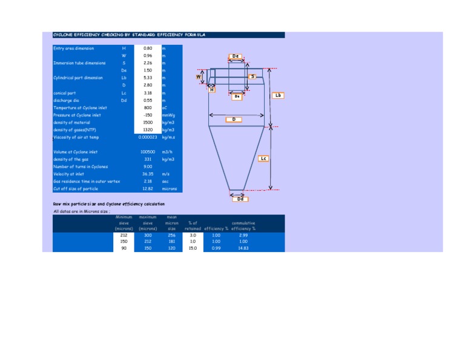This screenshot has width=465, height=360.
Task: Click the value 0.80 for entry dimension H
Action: tap(148, 48)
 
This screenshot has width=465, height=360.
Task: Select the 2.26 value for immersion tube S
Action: tap(148, 63)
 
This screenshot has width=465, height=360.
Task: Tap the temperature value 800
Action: tap(148, 108)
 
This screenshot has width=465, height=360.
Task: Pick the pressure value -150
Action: tap(148, 115)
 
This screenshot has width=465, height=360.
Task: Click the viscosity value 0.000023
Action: tap(148, 138)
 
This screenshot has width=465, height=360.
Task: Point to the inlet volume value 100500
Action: tap(148, 152)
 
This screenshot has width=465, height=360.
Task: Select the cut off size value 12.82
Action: tap(148, 188)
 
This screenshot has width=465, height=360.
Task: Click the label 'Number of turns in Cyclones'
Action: tap(81, 167)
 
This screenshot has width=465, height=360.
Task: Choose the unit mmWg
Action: tap(168, 115)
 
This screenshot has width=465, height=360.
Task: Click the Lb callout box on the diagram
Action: tap(278, 96)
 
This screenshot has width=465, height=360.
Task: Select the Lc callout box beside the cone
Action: tap(263, 159)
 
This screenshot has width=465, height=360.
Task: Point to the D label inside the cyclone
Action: tap(234, 119)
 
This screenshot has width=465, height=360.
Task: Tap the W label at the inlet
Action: tap(198, 77)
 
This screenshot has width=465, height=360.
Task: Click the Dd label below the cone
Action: tap(240, 199)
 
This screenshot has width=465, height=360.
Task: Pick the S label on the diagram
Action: tap(252, 76)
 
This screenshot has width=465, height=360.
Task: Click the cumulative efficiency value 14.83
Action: tap(243, 248)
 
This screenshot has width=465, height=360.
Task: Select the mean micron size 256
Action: tap(171, 235)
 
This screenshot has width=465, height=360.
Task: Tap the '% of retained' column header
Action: tap(193, 225)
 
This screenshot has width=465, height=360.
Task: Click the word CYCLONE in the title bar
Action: tap(64, 35)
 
